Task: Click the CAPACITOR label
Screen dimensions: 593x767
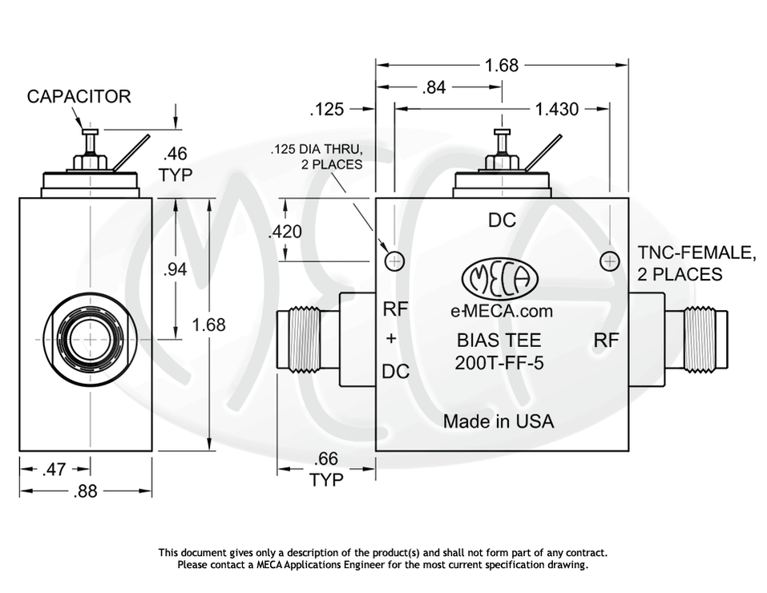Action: [79, 97]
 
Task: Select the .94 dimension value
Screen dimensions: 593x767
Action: [175, 270]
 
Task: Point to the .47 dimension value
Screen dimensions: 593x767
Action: [54, 470]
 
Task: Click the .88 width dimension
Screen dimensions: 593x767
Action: [85, 491]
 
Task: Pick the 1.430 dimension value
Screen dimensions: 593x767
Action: [556, 108]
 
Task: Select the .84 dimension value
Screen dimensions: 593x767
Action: [434, 87]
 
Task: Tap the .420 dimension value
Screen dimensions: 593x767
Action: [285, 232]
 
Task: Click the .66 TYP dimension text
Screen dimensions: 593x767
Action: [326, 470]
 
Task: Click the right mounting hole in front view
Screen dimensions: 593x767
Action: [610, 261]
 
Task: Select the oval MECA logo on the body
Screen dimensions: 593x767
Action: [500, 279]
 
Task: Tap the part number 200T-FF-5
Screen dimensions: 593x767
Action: [499, 362]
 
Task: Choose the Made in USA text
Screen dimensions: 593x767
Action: [499, 421]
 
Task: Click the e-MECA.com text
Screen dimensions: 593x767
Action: [502, 312]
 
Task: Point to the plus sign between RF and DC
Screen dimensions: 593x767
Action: [391, 339]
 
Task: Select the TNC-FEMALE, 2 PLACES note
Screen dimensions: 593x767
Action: [696, 264]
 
